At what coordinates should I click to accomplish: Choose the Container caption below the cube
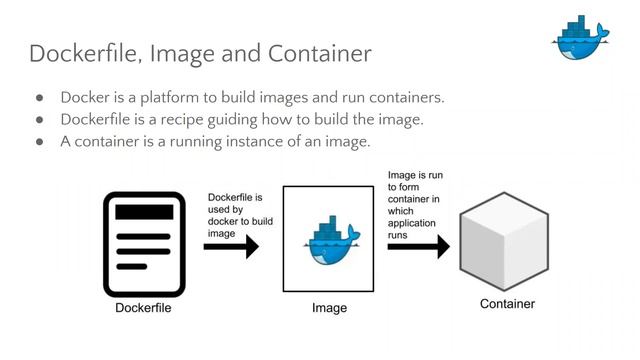(507, 304)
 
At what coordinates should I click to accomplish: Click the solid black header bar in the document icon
(143, 211)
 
